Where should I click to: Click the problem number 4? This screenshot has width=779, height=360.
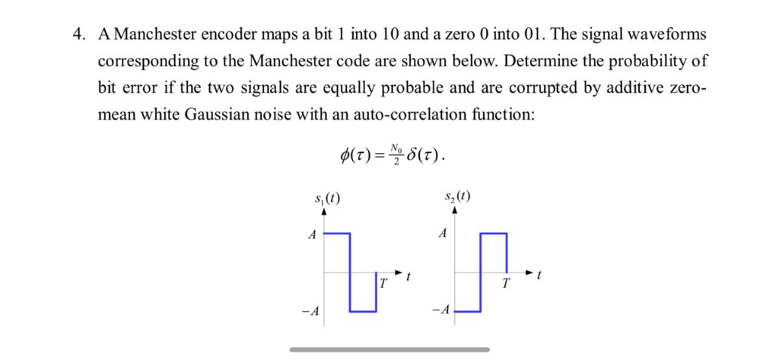(77, 34)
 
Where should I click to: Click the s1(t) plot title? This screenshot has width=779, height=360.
(328, 199)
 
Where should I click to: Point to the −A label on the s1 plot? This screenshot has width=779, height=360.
(308, 311)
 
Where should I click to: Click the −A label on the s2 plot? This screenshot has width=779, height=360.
(439, 311)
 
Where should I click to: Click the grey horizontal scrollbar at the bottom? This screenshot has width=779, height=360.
(389, 349)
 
